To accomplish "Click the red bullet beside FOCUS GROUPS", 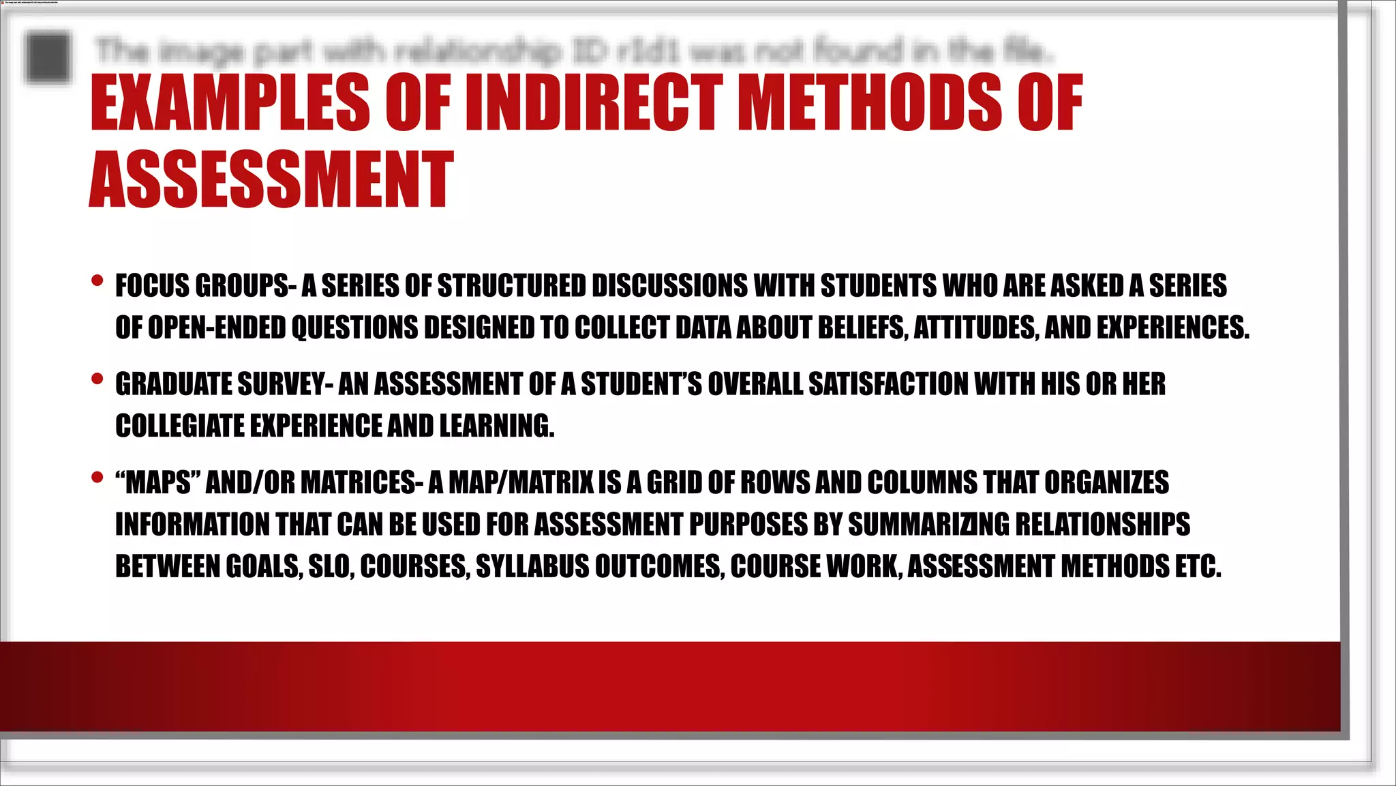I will (x=97, y=280).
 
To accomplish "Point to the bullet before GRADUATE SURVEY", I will (x=97, y=379).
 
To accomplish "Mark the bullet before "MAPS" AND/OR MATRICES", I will (x=97, y=477).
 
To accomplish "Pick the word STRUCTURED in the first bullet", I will (x=512, y=286).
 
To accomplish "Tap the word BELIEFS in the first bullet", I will (x=863, y=328).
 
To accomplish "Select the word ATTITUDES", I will (x=976, y=328).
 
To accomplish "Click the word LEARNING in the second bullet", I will (x=496, y=426).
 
